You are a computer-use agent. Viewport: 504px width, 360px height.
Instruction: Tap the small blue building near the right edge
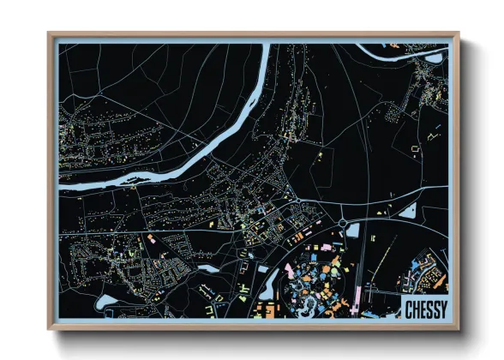437,129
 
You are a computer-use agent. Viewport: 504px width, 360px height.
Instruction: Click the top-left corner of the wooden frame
49,33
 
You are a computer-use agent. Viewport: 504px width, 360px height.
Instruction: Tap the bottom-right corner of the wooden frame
459,328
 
